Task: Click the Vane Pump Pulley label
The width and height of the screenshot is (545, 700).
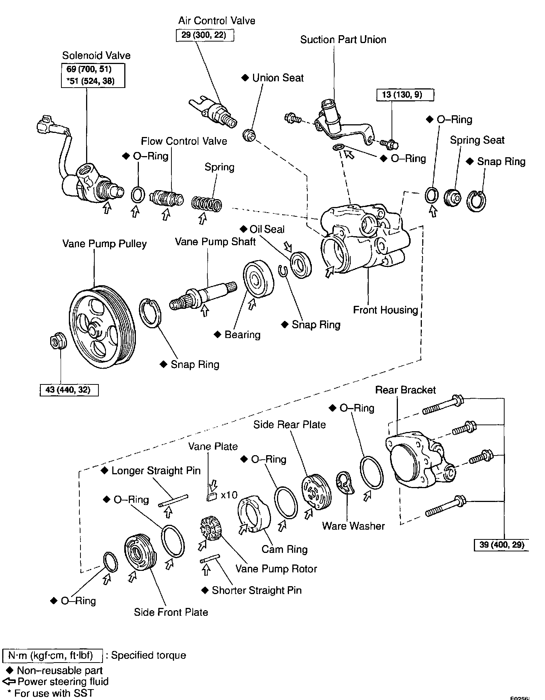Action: point(104,244)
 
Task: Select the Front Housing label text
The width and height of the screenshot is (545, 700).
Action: point(386,310)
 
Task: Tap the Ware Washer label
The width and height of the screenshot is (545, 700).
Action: point(353,526)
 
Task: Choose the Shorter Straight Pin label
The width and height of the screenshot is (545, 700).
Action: point(257,590)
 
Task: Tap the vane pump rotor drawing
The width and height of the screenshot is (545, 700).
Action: point(210,528)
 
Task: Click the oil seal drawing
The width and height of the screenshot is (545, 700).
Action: point(301,265)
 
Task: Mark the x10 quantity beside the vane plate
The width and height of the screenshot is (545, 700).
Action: point(229,495)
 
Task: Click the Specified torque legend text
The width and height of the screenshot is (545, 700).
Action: point(149,655)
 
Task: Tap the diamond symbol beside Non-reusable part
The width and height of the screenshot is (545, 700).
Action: point(10,670)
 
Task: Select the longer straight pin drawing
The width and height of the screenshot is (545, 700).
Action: point(173,501)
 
